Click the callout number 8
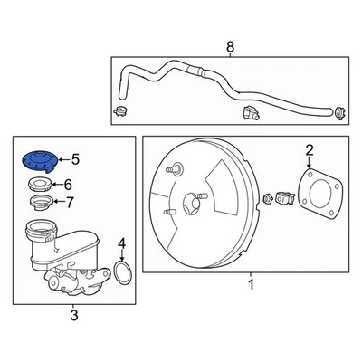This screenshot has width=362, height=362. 230,46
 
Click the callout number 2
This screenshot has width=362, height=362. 309,149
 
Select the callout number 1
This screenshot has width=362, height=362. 252,285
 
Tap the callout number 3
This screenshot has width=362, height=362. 74,314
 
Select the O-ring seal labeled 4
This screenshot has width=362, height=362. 125,271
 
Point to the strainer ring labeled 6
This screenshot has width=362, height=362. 39,185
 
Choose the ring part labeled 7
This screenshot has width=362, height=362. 39,201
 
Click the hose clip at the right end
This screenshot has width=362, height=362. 338,113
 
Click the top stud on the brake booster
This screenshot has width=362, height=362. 172,168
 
